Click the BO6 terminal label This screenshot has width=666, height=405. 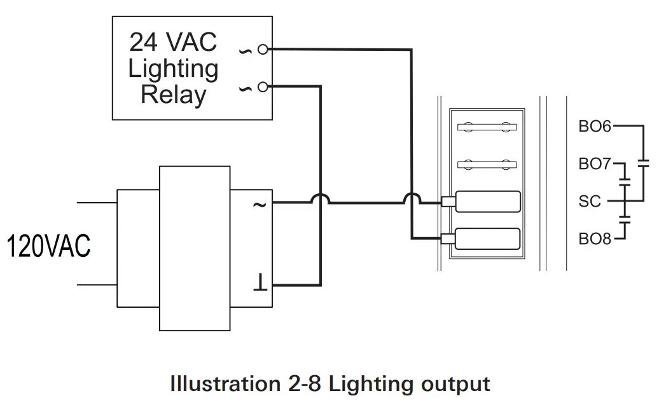click(594, 127)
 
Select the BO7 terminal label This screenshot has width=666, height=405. click(594, 165)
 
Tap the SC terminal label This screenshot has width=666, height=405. click(590, 202)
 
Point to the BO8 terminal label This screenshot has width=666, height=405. click(594, 239)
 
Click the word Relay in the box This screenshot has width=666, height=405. click(173, 95)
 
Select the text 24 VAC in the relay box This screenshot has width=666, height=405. click(173, 43)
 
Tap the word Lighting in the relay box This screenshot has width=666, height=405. click(173, 69)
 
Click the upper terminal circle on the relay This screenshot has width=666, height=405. click(263, 49)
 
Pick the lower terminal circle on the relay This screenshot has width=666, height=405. click(263, 86)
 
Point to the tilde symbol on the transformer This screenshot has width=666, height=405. click(259, 204)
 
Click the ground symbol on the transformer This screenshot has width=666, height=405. click(259, 282)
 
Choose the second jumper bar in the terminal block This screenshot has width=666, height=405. click(487, 165)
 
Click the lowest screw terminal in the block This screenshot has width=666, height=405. click(487, 239)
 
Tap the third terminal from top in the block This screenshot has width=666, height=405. click(487, 202)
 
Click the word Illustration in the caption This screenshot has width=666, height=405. click(221, 385)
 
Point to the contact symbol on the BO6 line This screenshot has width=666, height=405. click(643, 163)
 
